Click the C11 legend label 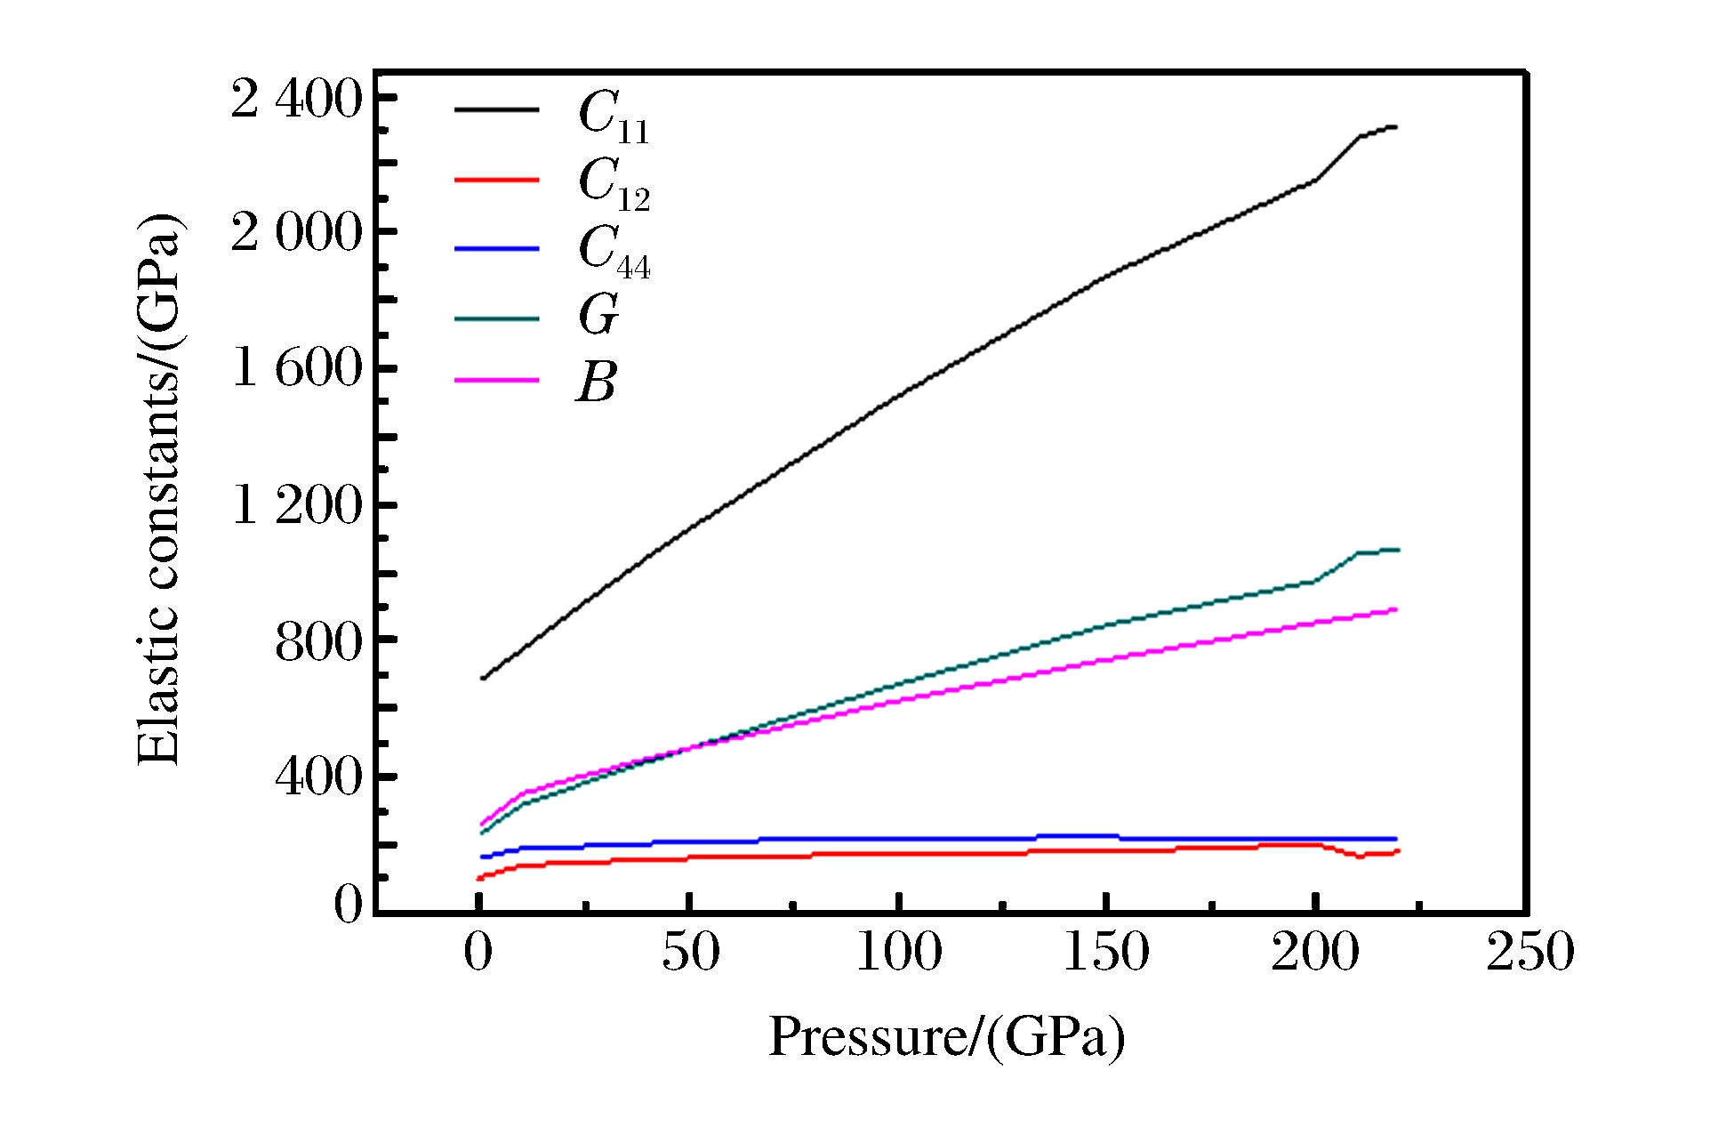pyautogui.click(x=614, y=117)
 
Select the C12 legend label pyautogui.click(x=614, y=184)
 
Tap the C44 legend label pyautogui.click(x=614, y=252)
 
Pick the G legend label pyautogui.click(x=598, y=315)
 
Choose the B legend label pyautogui.click(x=597, y=382)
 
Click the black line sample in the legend pyautogui.click(x=497, y=110)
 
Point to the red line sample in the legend pyautogui.click(x=497, y=180)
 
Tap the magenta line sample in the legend pyautogui.click(x=497, y=381)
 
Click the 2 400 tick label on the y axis pyautogui.click(x=296, y=98)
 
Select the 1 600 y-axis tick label pyautogui.click(x=297, y=367)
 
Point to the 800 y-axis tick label pyautogui.click(x=319, y=641)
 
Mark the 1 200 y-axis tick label pyautogui.click(x=297, y=505)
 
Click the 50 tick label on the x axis pyautogui.click(x=690, y=952)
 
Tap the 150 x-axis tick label pyautogui.click(x=1106, y=952)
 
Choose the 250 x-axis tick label pyautogui.click(x=1529, y=952)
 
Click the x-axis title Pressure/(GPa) pyautogui.click(x=946, y=1037)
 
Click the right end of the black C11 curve pyautogui.click(x=1396, y=127)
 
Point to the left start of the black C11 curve pyautogui.click(x=482, y=679)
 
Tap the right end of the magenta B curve pyautogui.click(x=1396, y=610)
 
